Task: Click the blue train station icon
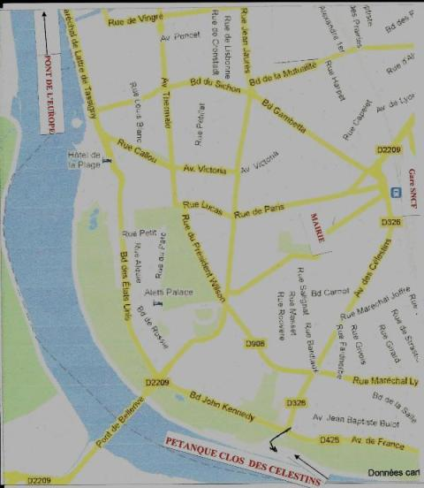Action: tap(397, 192)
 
